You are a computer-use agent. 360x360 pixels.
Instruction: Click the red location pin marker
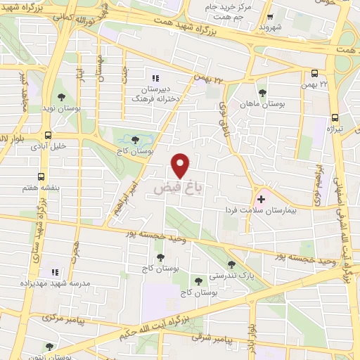click(181, 166)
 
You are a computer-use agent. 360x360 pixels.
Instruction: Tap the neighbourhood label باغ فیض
click(173, 189)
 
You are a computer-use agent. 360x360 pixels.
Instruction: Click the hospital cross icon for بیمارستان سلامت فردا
click(262, 200)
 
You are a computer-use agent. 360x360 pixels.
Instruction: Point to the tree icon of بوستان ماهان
click(262, 93)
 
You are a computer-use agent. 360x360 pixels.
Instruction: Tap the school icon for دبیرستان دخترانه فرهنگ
click(155, 78)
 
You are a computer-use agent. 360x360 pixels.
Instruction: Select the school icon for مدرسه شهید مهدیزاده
click(54, 272)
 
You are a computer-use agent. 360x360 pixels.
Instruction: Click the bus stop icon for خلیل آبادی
click(48, 135)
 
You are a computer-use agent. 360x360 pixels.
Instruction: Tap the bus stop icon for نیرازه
click(335, 118)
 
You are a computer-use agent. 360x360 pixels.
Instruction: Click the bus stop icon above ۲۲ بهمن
click(314, 73)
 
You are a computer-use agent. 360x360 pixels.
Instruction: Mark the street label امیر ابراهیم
click(125, 199)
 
